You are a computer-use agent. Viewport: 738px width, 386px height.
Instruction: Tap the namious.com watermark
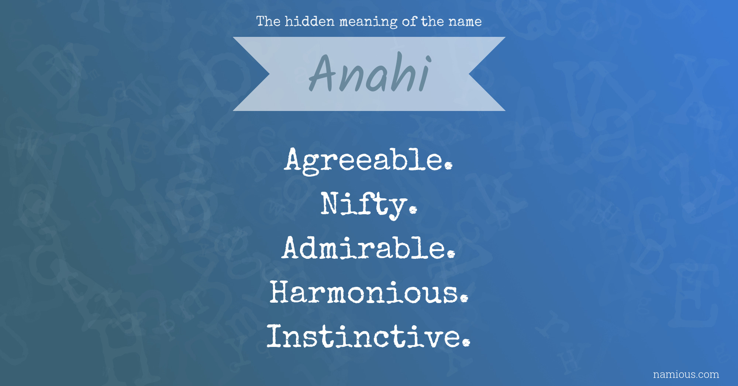point(686,375)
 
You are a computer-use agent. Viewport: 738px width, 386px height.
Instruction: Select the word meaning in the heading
point(368,22)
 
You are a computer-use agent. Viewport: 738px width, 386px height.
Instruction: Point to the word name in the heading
point(465,22)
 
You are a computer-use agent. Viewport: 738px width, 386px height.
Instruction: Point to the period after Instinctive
point(466,342)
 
